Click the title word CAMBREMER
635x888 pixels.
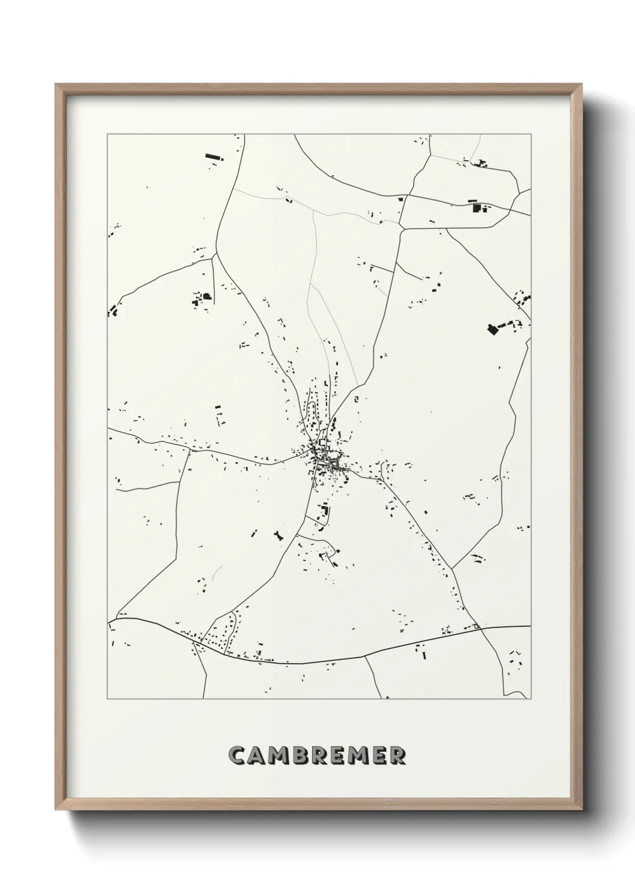point(317,755)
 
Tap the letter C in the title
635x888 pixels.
point(237,755)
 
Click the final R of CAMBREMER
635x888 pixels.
point(398,755)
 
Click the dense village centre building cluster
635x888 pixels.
point(321,456)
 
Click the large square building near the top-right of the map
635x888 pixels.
point(478,208)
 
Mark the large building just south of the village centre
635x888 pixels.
point(325,512)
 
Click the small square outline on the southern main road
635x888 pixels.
point(477,628)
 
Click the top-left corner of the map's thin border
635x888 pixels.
point(107,134)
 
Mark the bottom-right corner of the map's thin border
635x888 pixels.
point(531,699)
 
